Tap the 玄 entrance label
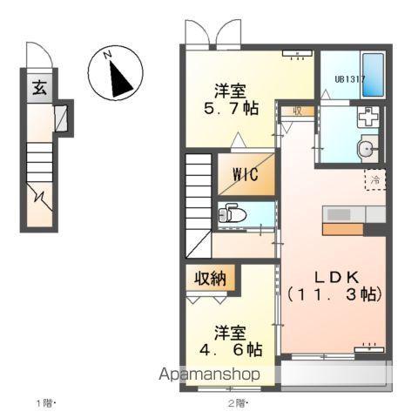click(x=40, y=88)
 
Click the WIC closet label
click(x=245, y=173)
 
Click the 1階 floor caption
click(x=45, y=403)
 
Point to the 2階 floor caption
click(x=238, y=403)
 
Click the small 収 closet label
click(x=297, y=111)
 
